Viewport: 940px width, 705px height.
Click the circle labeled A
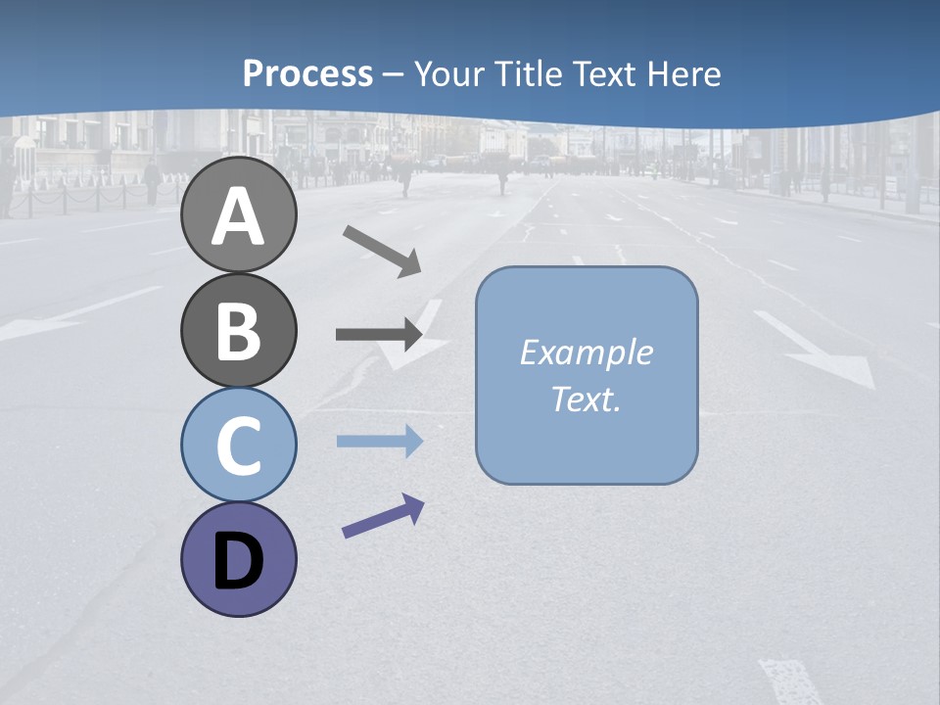click(239, 214)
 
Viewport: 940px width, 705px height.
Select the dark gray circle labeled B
click(239, 330)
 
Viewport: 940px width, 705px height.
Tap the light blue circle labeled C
click(239, 445)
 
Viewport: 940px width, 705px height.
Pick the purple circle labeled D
click(239, 559)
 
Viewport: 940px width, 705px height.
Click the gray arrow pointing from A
click(382, 251)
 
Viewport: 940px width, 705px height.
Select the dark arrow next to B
click(379, 335)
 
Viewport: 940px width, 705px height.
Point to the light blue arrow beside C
click(379, 442)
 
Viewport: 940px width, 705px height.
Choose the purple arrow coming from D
click(383, 517)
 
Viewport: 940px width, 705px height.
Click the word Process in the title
click(307, 73)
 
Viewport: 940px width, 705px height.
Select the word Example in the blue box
click(586, 352)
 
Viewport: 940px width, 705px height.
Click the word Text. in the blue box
click(586, 399)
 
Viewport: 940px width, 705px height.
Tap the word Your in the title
click(446, 73)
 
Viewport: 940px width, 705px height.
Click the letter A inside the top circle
click(239, 217)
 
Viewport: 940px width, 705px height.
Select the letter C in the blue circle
click(239, 446)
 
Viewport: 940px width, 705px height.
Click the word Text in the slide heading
click(602, 73)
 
